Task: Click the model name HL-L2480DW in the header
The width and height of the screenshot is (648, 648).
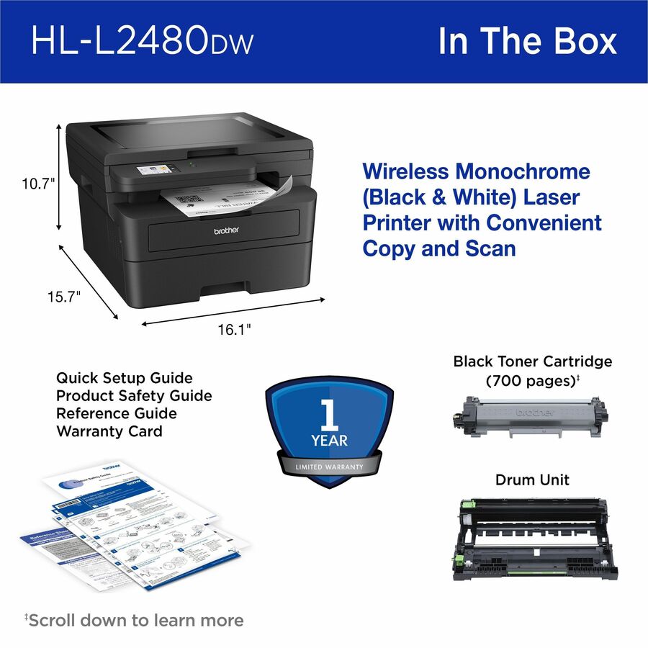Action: pyautogui.click(x=142, y=41)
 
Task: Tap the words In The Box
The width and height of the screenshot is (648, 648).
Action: pyautogui.click(x=527, y=41)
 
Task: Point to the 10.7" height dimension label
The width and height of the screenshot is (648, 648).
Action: pyautogui.click(x=37, y=184)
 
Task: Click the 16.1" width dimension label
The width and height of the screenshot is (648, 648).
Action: pyautogui.click(x=234, y=329)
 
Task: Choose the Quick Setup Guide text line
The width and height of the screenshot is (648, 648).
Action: pyautogui.click(x=125, y=377)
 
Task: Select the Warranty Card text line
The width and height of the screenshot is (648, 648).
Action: pyautogui.click(x=109, y=431)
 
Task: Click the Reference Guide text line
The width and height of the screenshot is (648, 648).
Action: pyautogui.click(x=117, y=413)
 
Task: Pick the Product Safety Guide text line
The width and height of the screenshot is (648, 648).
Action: pyautogui.click(x=134, y=395)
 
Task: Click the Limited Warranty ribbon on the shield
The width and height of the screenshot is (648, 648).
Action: pyautogui.click(x=329, y=467)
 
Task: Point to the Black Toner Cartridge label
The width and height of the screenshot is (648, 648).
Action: pyautogui.click(x=532, y=361)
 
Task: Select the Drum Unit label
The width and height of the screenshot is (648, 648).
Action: pyautogui.click(x=532, y=480)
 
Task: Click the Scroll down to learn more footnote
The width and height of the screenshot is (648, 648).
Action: pyautogui.click(x=135, y=620)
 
